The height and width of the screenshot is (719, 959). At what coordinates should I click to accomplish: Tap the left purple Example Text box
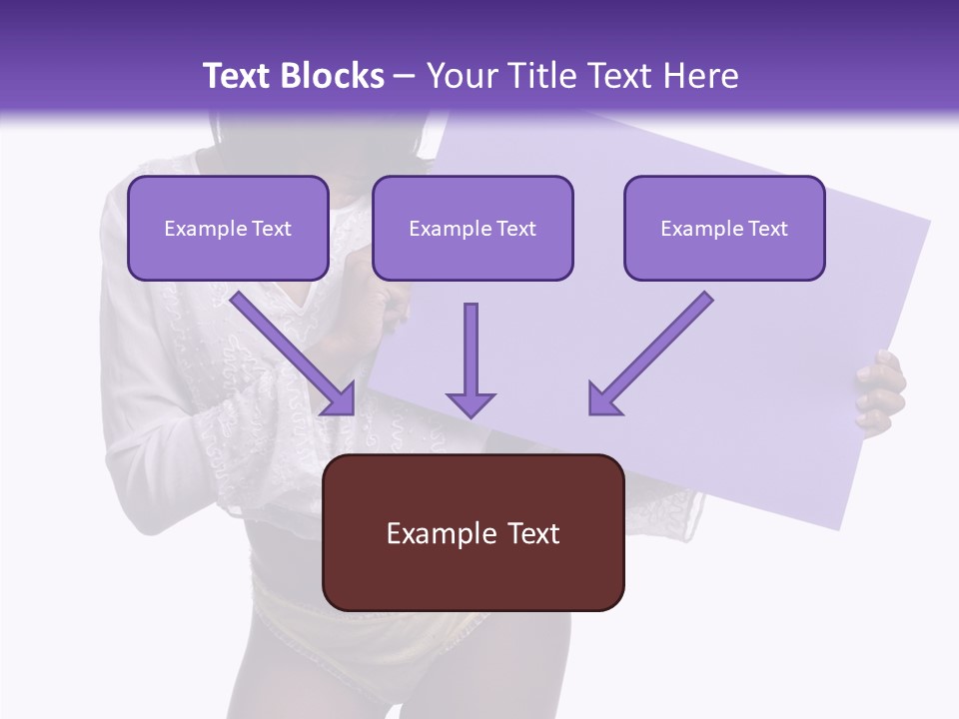point(228,228)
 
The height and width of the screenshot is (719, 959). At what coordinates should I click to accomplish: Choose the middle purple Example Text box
point(473,228)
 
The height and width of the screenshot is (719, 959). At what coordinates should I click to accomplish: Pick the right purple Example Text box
point(724,228)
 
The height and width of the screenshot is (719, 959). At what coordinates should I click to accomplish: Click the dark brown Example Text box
point(474,532)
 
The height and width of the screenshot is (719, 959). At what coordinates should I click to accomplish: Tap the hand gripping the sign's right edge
point(879,392)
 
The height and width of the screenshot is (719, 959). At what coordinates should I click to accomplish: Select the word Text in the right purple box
point(767,229)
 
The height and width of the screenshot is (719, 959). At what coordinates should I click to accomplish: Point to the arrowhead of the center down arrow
point(471,404)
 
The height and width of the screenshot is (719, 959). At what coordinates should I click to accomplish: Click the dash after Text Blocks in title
point(405,76)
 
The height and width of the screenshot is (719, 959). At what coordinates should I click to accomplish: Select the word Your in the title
point(461,76)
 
